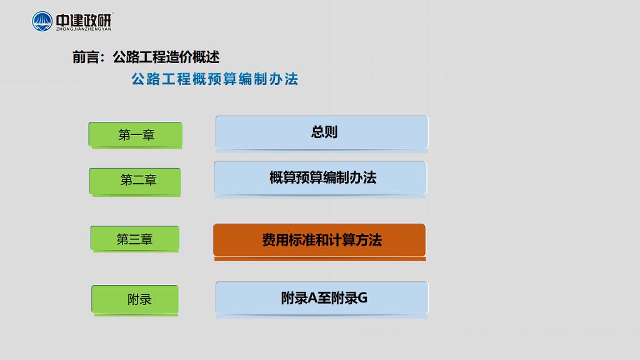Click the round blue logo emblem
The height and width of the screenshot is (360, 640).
coord(42,21)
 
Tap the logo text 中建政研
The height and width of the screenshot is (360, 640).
coord(84,19)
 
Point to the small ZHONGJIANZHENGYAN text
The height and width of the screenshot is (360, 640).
coord(84,29)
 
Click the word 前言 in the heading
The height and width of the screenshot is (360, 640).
coord(85,57)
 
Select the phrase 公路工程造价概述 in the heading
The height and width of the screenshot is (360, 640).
coord(166,57)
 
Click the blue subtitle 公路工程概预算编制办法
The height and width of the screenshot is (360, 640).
coord(215,79)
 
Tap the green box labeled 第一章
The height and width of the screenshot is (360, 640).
coord(136,134)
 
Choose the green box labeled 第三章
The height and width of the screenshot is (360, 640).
coord(135,238)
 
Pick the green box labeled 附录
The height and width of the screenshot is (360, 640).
coord(135,299)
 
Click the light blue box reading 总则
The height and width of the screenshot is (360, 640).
coord(322,132)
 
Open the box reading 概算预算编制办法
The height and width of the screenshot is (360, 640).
coord(321,177)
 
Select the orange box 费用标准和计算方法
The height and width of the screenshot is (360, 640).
coord(319,240)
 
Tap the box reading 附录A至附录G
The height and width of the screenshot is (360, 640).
coord(322,298)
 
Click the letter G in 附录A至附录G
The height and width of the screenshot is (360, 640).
coord(362,298)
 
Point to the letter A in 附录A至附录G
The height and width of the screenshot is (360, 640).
coord(312,298)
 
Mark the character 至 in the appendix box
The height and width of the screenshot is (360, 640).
coord(324,298)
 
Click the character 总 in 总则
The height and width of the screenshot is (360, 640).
coord(317,132)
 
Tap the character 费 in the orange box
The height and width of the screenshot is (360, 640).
coord(269,240)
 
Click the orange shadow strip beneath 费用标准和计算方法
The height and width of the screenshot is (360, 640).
coord(320,259)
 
